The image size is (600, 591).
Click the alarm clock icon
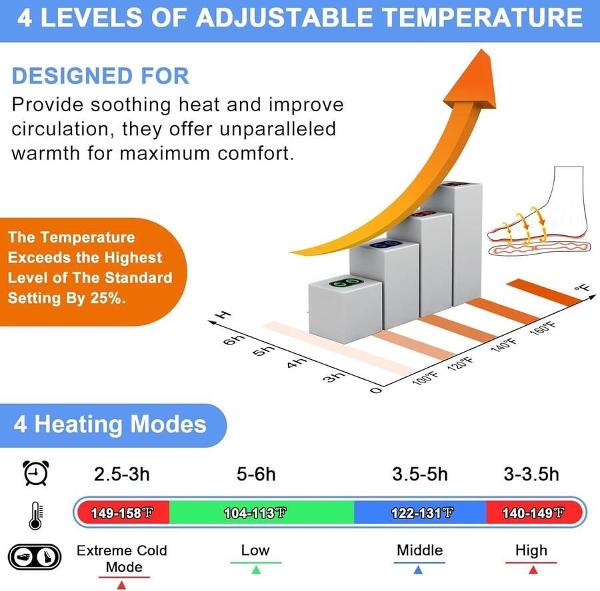click(36, 473)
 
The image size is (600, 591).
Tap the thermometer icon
click(36, 515)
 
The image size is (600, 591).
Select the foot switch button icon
click(35, 556)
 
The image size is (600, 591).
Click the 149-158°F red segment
click(123, 512)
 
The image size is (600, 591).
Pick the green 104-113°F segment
click(262, 512)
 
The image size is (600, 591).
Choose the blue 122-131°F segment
click(420, 512)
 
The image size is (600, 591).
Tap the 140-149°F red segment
click(534, 512)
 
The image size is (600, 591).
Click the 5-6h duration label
click(256, 474)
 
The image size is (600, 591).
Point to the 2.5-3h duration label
click(122, 474)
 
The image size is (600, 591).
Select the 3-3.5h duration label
click(531, 474)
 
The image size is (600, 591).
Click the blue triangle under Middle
click(418, 570)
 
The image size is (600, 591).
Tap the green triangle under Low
click(256, 570)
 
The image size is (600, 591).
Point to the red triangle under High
click(533, 570)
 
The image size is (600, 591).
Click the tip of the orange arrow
click(482, 49)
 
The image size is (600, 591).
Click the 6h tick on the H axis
click(234, 339)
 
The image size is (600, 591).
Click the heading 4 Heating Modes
click(110, 424)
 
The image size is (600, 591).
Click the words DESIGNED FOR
click(100, 75)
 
